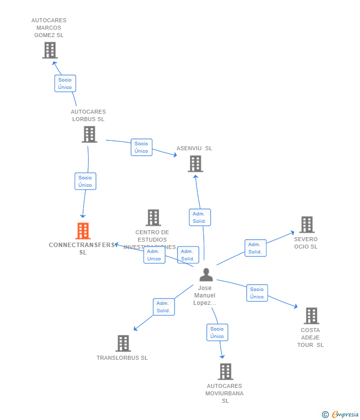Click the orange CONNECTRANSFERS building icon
83,231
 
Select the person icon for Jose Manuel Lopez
206,275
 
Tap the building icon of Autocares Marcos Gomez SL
49,50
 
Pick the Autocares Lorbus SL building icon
89,134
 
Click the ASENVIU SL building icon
195,164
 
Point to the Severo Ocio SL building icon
307,225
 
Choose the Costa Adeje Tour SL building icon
311,316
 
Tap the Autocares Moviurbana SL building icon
225,372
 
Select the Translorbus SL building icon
123,343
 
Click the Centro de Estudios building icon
153,217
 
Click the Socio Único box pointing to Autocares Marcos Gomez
65,84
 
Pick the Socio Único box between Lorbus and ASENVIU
141,147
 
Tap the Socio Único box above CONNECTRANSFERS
85,181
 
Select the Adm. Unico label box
154,255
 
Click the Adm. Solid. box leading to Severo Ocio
255,248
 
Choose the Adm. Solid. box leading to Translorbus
163,307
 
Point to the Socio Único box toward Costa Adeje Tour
257,293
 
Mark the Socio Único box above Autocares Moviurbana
217,333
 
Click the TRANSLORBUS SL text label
122,358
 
